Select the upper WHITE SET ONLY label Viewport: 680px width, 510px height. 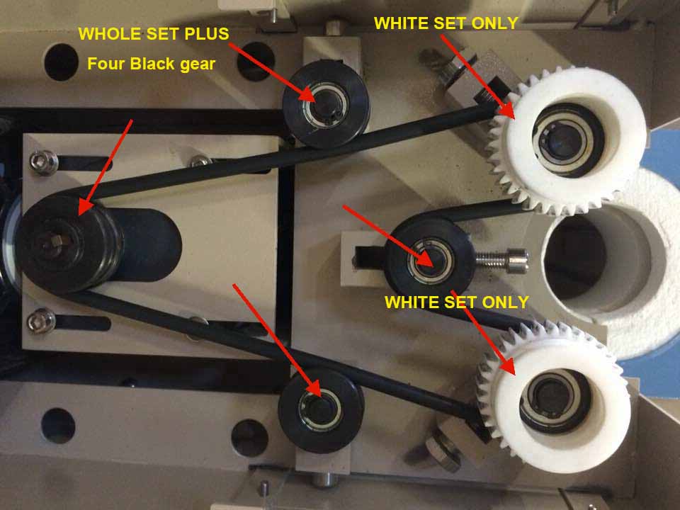click(446, 23)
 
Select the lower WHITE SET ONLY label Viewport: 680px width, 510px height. click(456, 302)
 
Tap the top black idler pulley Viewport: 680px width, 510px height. click(326, 104)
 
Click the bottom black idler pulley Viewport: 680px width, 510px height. click(321, 410)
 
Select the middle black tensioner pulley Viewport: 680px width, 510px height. click(429, 260)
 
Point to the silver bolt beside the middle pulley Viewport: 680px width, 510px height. click(501, 259)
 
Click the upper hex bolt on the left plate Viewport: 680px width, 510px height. click(43, 162)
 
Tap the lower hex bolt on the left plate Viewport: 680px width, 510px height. click(41, 322)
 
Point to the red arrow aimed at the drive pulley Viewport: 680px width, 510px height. click(106, 167)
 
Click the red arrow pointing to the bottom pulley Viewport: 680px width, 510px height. click(277, 341)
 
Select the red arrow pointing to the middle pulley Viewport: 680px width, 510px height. click(387, 236)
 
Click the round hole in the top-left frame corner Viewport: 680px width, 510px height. click(61, 62)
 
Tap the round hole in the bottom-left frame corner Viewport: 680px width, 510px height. click(58, 426)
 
